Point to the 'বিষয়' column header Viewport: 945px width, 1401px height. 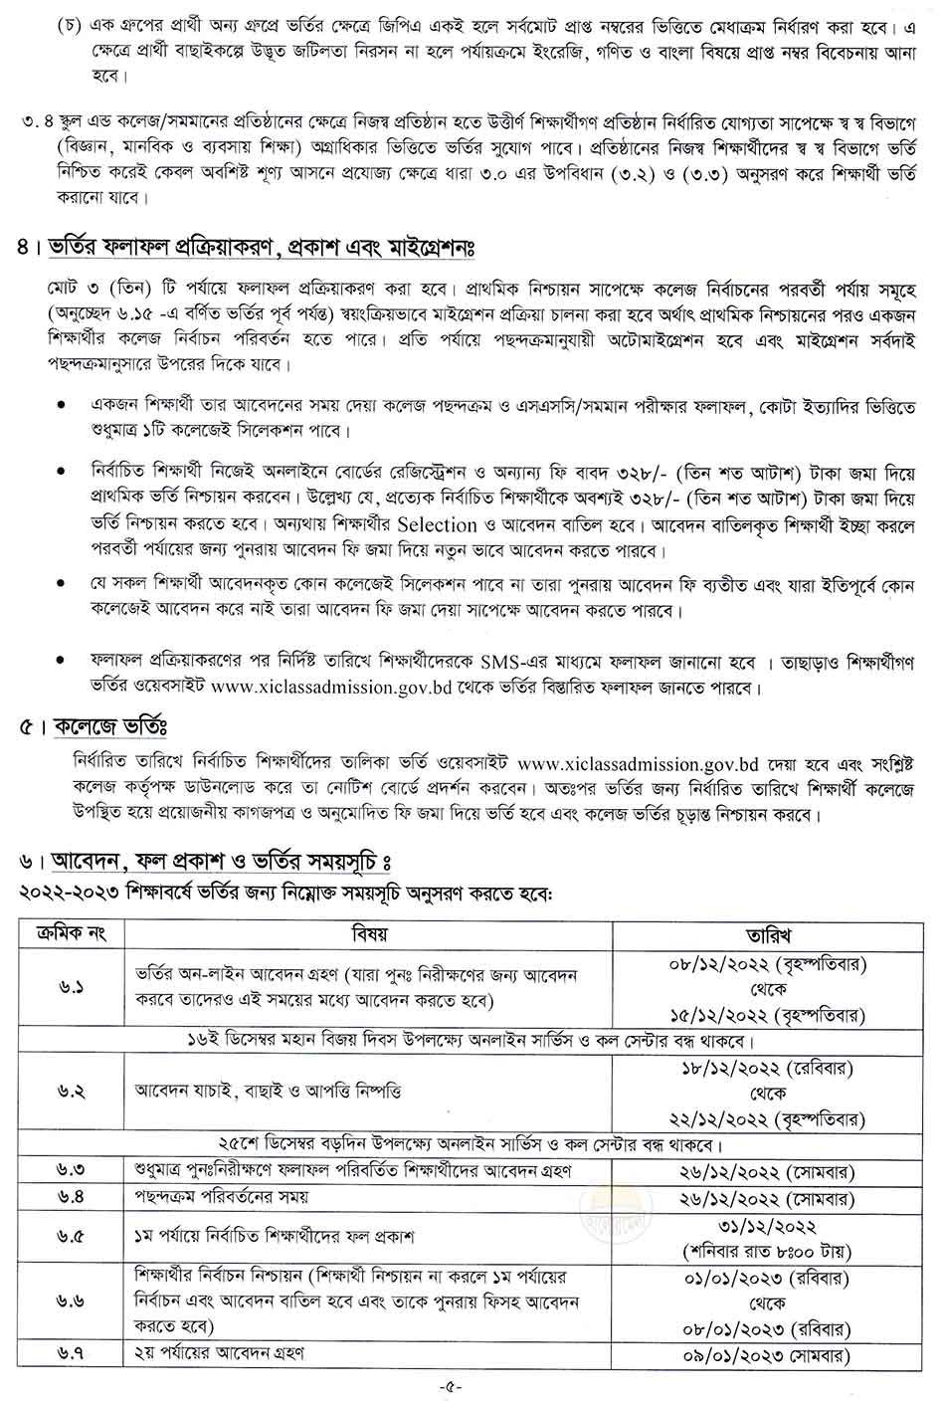pos(369,934)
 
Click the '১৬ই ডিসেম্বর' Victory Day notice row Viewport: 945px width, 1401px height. pos(472,1041)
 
